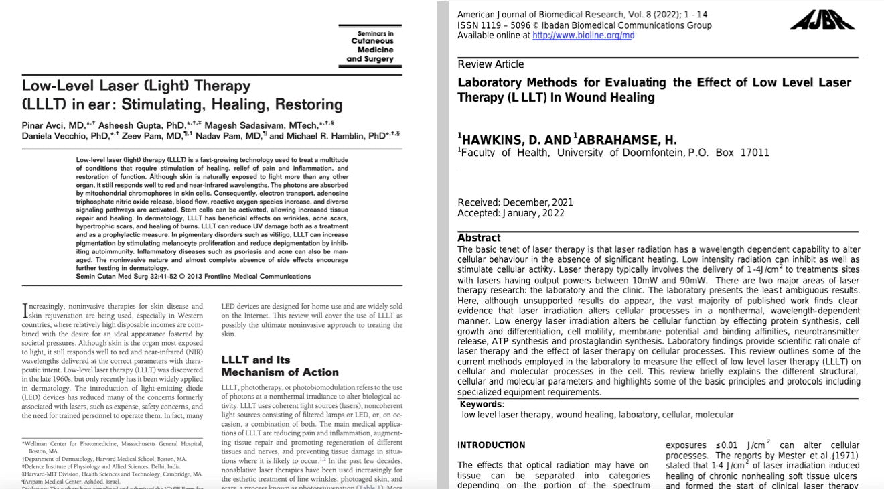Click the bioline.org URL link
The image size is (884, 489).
[583, 36]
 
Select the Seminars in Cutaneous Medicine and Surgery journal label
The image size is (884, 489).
[371, 46]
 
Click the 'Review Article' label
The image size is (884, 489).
[491, 64]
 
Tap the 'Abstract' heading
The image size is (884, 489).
[479, 238]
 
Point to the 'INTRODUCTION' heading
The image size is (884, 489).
[492, 445]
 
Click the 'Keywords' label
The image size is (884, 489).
[481, 404]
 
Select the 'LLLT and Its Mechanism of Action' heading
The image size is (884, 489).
[280, 366]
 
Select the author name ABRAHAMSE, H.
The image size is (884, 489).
[627, 140]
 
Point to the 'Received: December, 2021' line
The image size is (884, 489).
[515, 202]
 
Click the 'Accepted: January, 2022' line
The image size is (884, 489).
[511, 213]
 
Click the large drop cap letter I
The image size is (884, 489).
[25, 311]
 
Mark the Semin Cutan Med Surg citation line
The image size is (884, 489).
[193, 276]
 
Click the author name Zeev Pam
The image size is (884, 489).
[139, 136]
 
